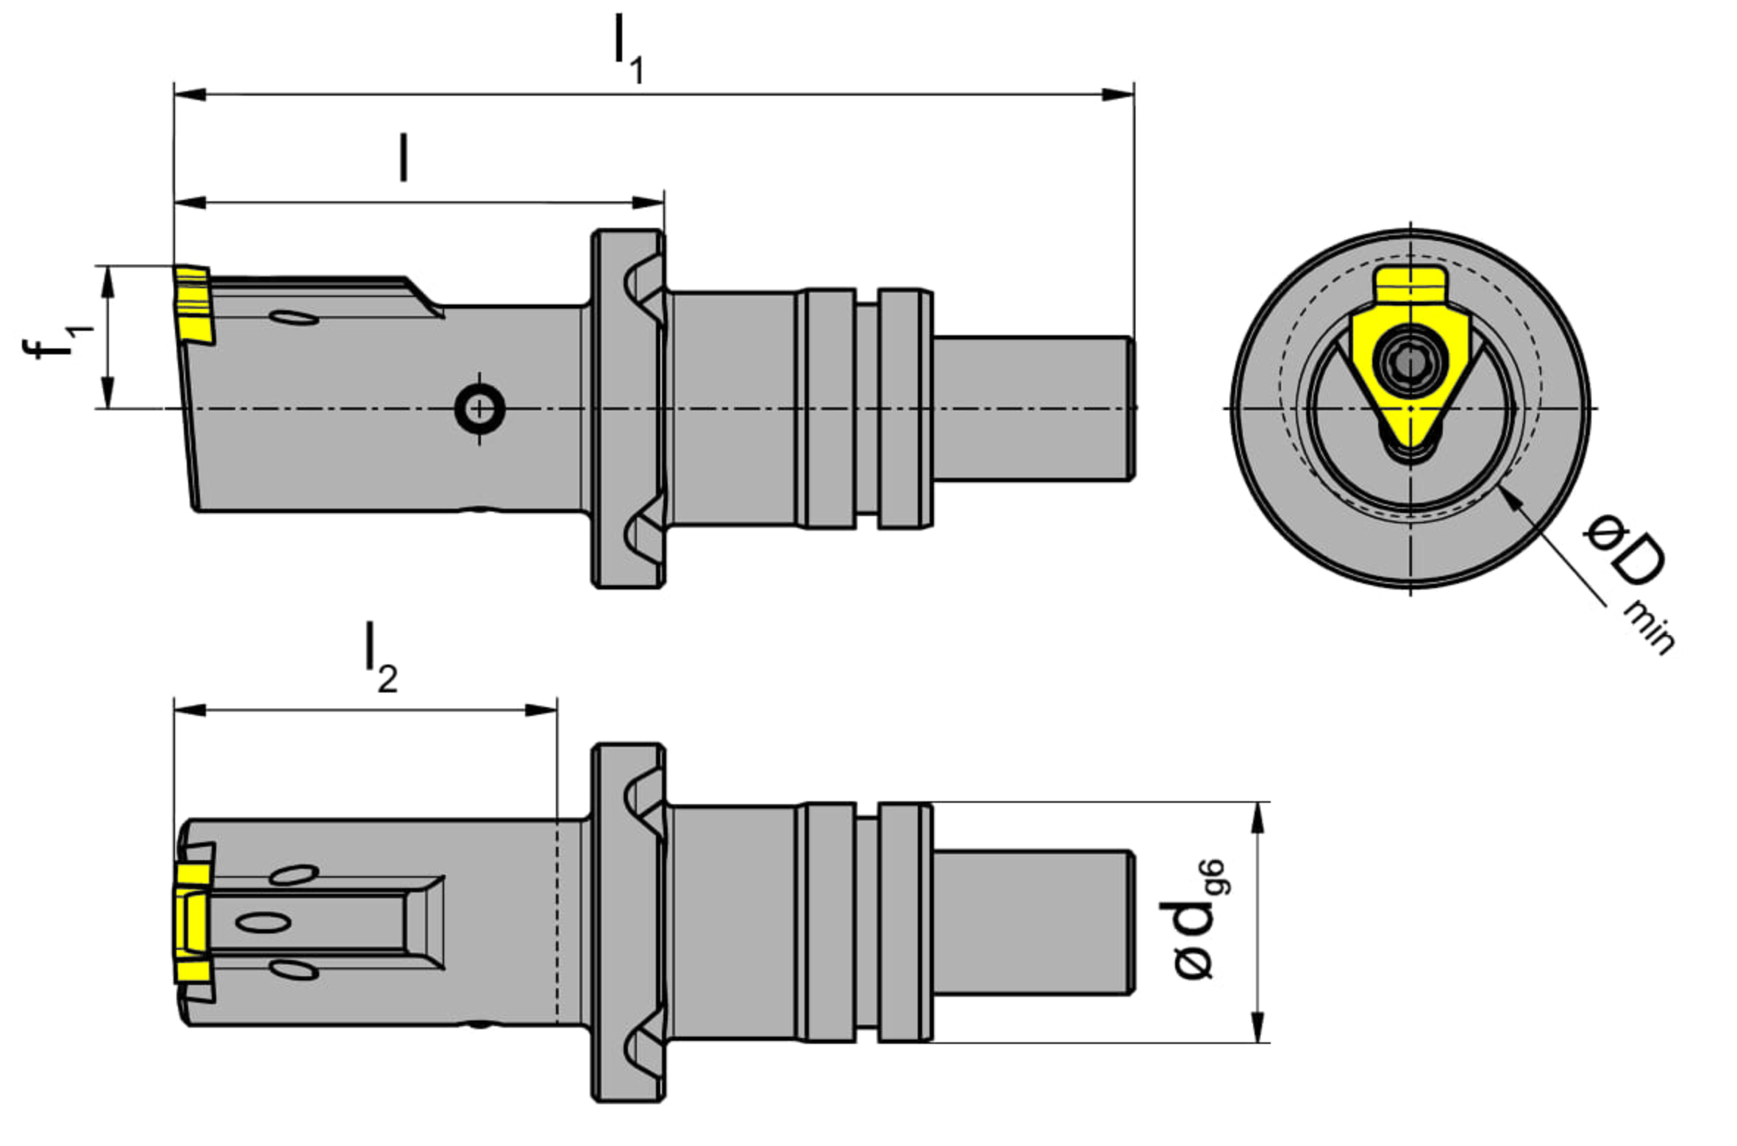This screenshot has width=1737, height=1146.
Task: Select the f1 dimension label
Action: [57, 343]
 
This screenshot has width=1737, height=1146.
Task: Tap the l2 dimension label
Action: [382, 659]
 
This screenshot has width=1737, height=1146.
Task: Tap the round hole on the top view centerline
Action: [479, 408]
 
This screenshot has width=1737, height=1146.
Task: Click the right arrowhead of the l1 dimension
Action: [1117, 94]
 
